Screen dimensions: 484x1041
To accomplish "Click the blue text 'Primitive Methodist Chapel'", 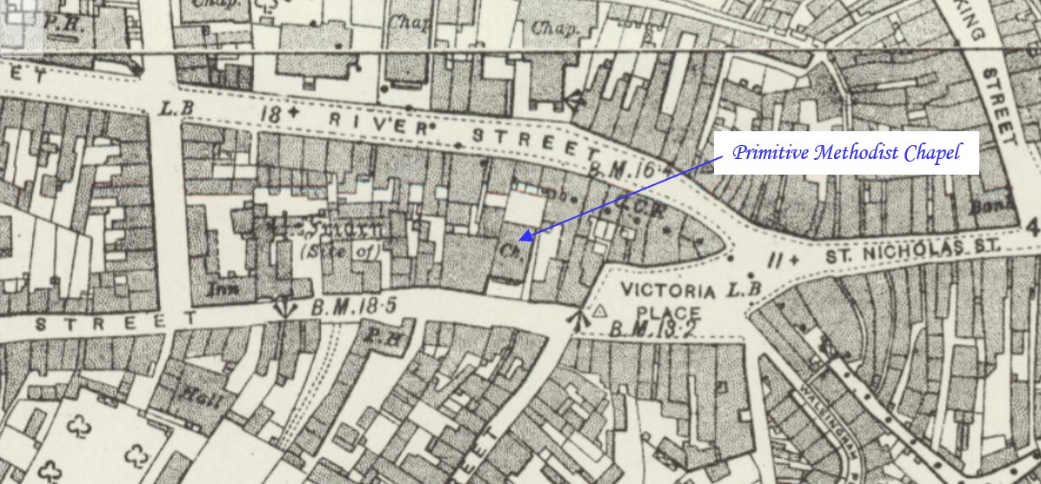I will [846, 154].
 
